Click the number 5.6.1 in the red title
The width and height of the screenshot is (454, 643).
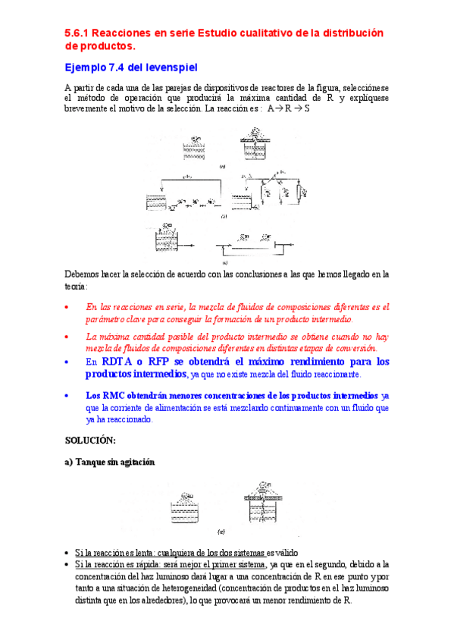pos(77,33)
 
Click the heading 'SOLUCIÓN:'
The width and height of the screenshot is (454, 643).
pos(90,440)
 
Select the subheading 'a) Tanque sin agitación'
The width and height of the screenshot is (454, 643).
pos(110,463)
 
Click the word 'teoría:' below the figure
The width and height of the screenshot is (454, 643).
pos(77,287)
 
